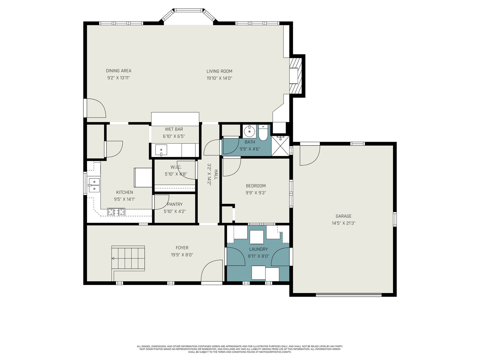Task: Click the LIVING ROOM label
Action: [219, 71]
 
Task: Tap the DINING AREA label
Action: [118, 71]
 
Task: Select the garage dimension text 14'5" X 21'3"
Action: [343, 223]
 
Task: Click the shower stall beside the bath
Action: [280, 146]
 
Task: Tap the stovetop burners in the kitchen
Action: [116, 212]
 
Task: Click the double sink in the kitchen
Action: [94, 185]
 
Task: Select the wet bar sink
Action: [161, 150]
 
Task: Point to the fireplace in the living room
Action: [295, 76]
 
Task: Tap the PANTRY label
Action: [175, 204]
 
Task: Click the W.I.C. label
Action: [176, 167]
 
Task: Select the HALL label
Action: [216, 174]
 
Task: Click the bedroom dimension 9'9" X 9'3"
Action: [256, 193]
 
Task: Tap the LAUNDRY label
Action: [259, 249]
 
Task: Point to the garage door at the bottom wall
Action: [349, 295]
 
